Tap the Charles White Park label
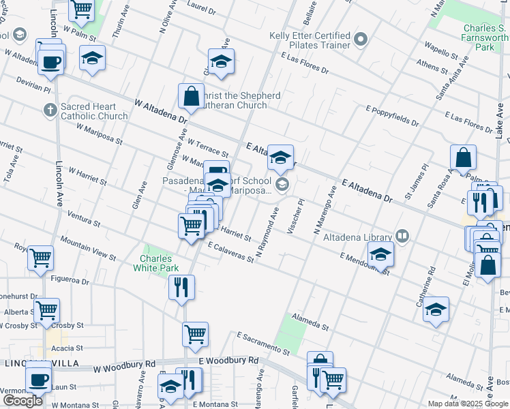159,263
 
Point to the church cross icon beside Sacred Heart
49,109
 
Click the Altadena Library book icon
403,237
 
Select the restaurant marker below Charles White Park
181,286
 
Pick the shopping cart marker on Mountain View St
41,258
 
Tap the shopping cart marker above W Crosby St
47,309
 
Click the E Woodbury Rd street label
228,360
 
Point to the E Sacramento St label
263,344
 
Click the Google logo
22,401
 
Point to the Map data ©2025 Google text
467,404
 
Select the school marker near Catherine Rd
436,309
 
